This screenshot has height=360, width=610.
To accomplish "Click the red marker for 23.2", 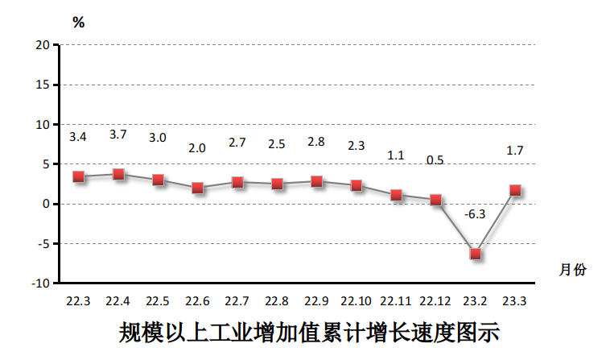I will point(476,254).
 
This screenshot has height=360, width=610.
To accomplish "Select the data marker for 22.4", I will point(118,174).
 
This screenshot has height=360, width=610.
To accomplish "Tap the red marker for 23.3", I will point(515,191).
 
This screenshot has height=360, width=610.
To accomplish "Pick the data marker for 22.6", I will point(198,188).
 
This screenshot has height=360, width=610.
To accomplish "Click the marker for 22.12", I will point(435,200).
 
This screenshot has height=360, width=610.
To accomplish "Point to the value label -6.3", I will point(476,214).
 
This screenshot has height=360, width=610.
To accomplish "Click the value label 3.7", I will point(118,134).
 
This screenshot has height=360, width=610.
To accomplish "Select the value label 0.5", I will point(435,160).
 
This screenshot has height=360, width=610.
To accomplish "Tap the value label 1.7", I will point(515,151).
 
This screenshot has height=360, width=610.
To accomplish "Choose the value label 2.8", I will point(316,142).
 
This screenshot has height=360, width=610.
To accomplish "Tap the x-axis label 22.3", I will point(78,301).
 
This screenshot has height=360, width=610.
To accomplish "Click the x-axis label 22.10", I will point(356,301).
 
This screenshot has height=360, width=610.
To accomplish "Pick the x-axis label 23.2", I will point(475,301).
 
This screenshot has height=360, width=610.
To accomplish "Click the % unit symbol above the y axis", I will point(78,23).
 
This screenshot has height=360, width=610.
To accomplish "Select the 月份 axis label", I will point(573,270).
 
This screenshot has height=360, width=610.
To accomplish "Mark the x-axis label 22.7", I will point(237,301).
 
